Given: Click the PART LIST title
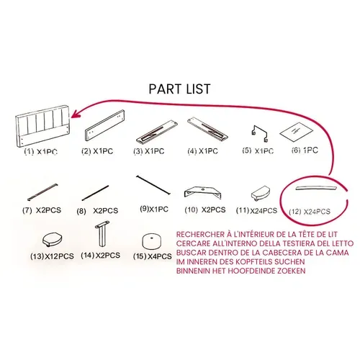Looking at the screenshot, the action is pyautogui.click(x=179, y=89).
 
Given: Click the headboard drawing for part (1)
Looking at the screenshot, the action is pyautogui.click(x=43, y=125).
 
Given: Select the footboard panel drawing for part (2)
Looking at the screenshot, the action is pyautogui.click(x=105, y=125).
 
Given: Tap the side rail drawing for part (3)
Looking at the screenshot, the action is pyautogui.click(x=157, y=132).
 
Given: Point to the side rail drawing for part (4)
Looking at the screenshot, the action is pyautogui.click(x=207, y=129).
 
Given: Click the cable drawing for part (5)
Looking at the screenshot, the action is pyautogui.click(x=260, y=133).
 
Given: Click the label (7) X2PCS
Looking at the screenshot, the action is pyautogui.click(x=42, y=210).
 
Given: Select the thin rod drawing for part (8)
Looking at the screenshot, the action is pyautogui.click(x=95, y=193).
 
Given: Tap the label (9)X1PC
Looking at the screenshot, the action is pyautogui.click(x=154, y=209).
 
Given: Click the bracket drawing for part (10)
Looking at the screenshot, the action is pyautogui.click(x=203, y=192).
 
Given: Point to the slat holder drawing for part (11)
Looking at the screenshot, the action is pyautogui.click(x=261, y=193).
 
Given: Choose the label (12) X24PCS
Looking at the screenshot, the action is pyautogui.click(x=310, y=212).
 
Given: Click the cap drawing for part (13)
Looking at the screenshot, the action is pyautogui.click(x=53, y=239).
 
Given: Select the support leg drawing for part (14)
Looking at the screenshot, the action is pyautogui.click(x=102, y=234).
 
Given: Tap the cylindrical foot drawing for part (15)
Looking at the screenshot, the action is pyautogui.click(x=151, y=242).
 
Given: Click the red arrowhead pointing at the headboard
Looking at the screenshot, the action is pyautogui.click(x=76, y=114).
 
